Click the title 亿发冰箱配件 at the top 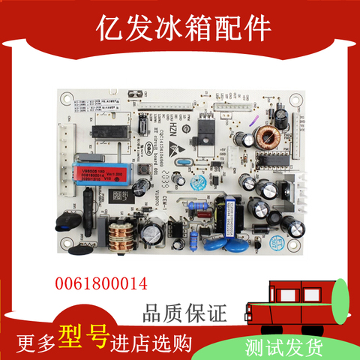[x=180, y=28]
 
